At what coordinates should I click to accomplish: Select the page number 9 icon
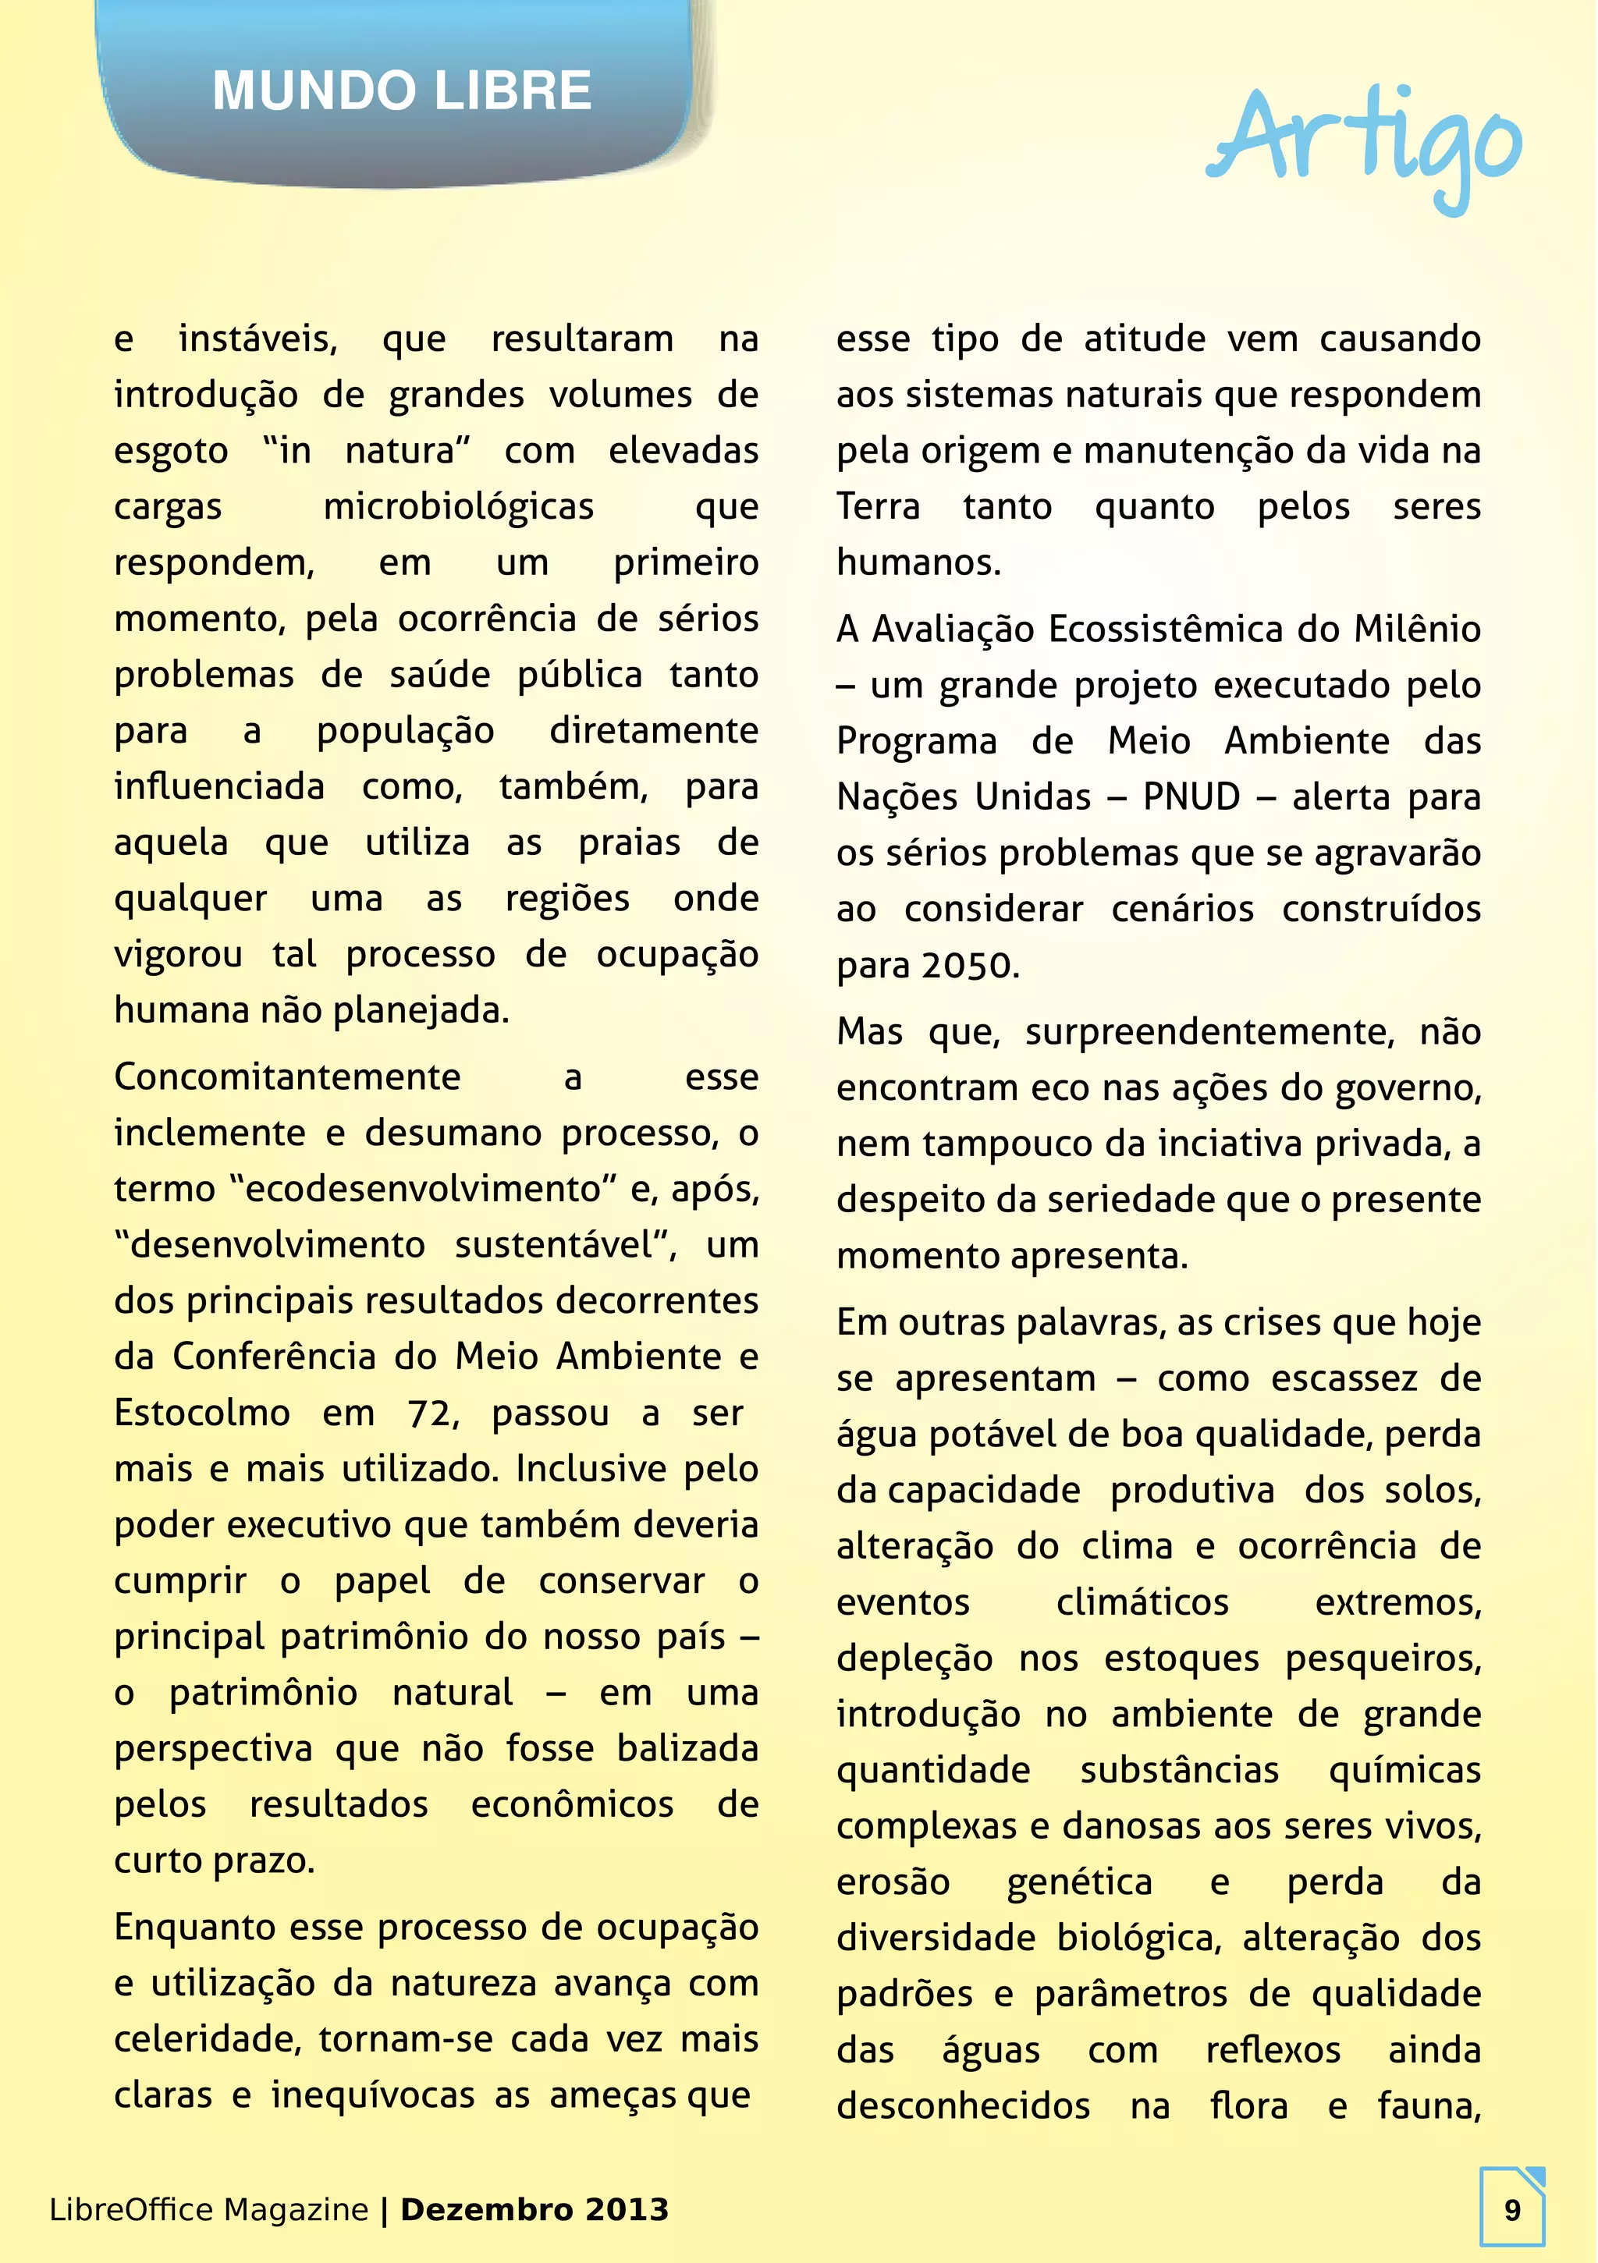click(1511, 2209)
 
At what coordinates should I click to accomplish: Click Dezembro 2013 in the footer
click(534, 2209)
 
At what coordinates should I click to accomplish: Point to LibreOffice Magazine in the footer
click(208, 2209)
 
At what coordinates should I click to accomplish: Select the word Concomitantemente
click(287, 1077)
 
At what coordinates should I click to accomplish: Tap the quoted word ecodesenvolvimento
click(423, 1190)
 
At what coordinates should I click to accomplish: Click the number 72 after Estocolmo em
click(430, 1413)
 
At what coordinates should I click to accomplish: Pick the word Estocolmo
click(202, 1413)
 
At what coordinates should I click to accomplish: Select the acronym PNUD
click(1191, 797)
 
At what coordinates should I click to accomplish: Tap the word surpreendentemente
click(1209, 1033)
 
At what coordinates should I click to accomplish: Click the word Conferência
click(274, 1357)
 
